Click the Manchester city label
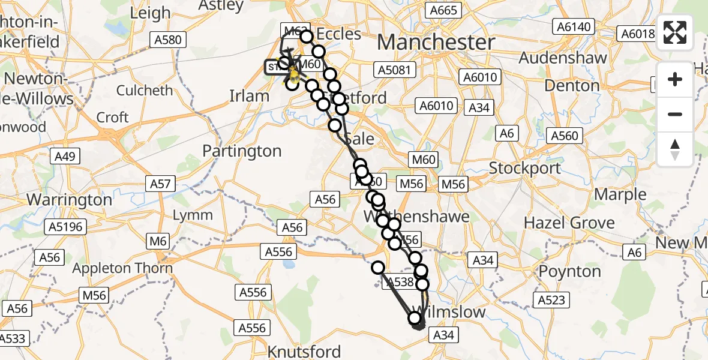(x=436, y=43)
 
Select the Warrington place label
(x=70, y=199)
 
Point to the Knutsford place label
(x=305, y=351)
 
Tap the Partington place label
(x=242, y=151)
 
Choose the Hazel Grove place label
(x=569, y=223)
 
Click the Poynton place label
(x=569, y=271)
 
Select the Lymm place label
(x=193, y=215)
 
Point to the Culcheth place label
(x=145, y=91)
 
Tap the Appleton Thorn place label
(x=122, y=269)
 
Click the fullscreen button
(x=675, y=32)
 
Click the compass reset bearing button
(x=675, y=149)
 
